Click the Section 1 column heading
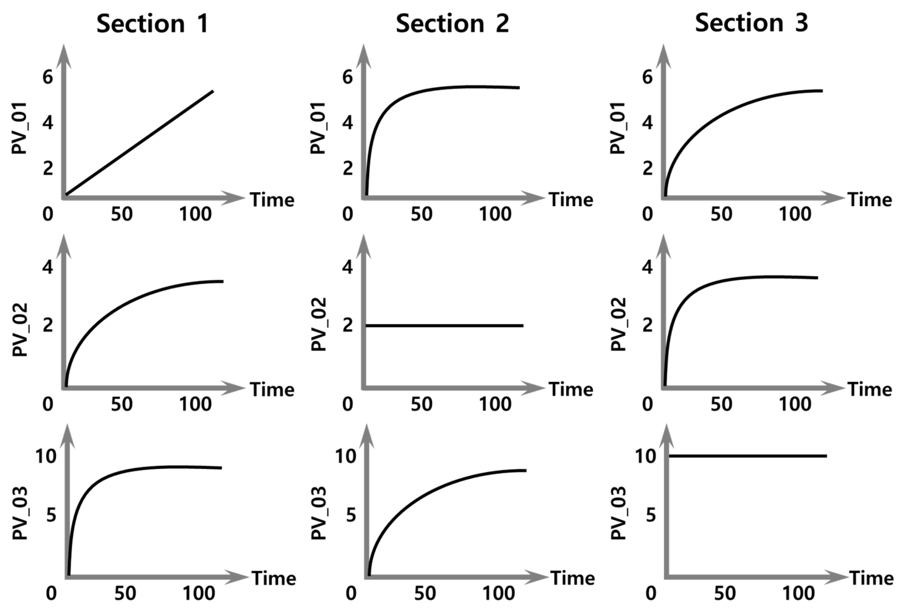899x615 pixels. (x=153, y=24)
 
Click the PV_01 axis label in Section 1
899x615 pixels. (x=19, y=128)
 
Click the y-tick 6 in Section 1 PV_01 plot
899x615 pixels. (x=48, y=77)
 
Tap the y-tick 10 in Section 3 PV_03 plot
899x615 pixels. (x=646, y=456)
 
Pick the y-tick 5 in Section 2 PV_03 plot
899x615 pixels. (x=351, y=515)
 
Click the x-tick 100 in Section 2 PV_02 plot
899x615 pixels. (x=495, y=405)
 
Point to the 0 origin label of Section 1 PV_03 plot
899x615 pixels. (x=51, y=593)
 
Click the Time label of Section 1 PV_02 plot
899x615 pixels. (x=272, y=389)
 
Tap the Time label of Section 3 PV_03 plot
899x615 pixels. (x=872, y=578)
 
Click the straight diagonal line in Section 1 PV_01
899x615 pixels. (x=139, y=143)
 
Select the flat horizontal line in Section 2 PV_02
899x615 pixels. (x=444, y=326)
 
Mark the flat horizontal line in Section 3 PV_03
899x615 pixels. (x=747, y=456)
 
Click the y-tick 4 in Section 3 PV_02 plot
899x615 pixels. (x=647, y=267)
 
